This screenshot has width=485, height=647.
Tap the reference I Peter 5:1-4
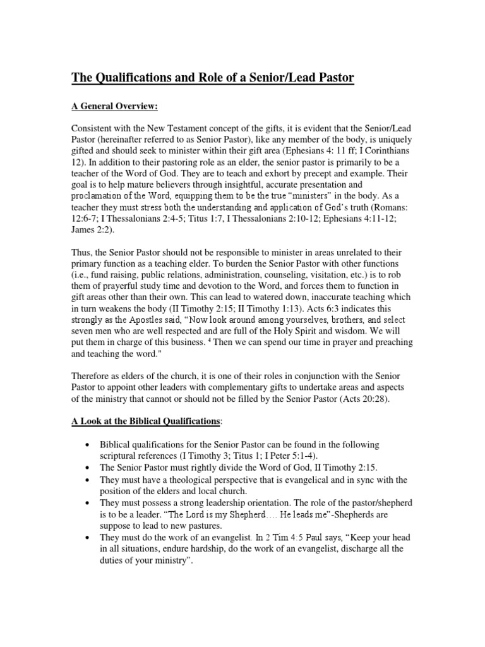click(x=276, y=457)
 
